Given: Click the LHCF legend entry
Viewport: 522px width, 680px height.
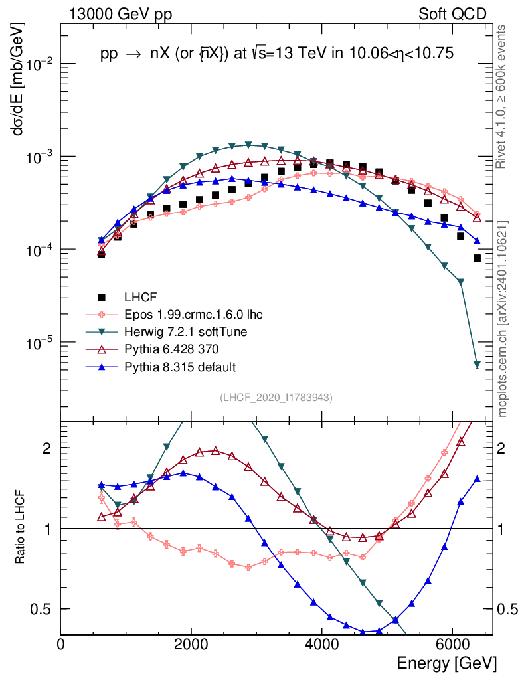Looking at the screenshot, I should [141, 297].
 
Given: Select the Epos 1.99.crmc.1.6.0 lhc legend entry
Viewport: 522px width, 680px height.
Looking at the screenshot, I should [193, 314].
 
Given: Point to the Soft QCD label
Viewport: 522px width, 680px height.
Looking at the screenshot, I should [452, 13].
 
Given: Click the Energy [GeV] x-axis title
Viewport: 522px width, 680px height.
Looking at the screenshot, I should [446, 663].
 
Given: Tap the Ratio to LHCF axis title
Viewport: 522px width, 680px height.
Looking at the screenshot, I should [20, 527].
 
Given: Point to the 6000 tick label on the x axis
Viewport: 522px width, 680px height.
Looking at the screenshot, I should [452, 645].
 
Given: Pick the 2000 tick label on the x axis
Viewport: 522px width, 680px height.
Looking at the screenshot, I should [191, 645].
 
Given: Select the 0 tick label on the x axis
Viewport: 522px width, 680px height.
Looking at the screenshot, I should [61, 645].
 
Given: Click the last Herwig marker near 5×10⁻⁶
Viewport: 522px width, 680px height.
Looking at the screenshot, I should [477, 365].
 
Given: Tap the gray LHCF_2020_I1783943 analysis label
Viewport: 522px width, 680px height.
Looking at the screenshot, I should [276, 398].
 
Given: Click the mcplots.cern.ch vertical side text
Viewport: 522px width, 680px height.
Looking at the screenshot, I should [503, 319].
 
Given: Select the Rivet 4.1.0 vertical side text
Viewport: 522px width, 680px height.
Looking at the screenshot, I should [503, 96].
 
